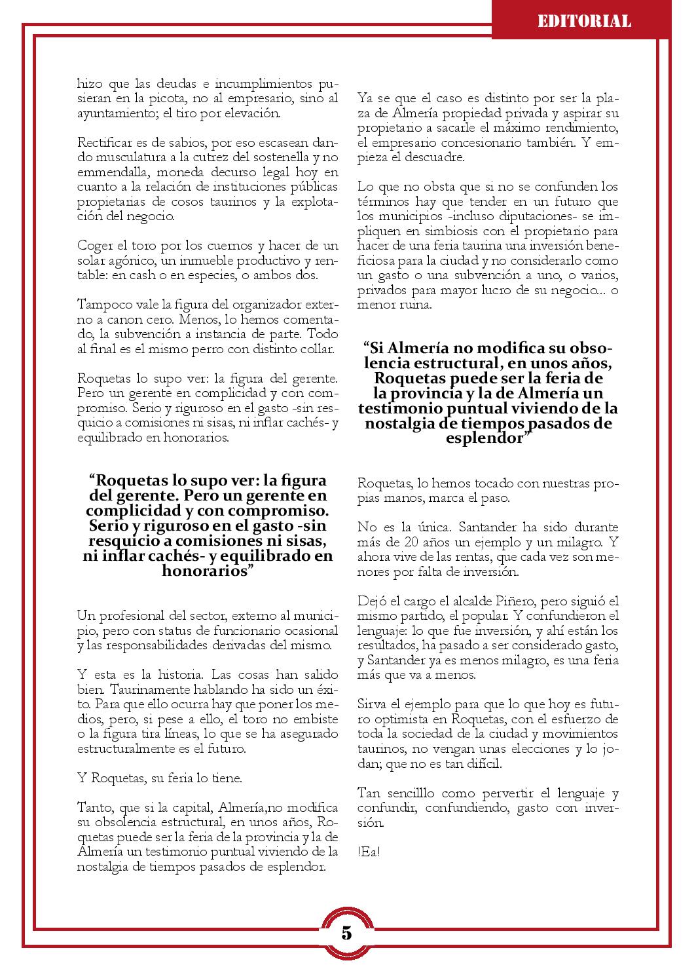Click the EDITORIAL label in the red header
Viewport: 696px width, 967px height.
pos(584,22)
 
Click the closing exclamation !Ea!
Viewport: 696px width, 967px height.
pos(369,852)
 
